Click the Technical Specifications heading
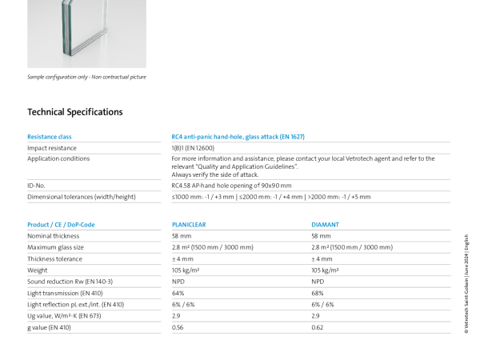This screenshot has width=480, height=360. click(75, 112)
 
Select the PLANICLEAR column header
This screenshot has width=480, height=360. click(189, 225)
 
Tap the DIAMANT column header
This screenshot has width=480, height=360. click(325, 225)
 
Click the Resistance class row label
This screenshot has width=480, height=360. click(50, 137)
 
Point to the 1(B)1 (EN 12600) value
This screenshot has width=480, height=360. click(193, 148)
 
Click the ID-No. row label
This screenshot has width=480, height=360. click(36, 186)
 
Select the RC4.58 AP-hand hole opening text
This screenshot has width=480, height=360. click(231, 186)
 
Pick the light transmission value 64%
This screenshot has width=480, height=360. click(178, 294)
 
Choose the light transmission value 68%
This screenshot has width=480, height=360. click(318, 294)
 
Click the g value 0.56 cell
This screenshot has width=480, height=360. click(178, 327)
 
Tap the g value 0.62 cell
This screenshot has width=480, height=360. click(318, 327)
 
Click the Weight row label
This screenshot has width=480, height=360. click(38, 270)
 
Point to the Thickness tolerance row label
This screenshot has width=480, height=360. click(54, 259)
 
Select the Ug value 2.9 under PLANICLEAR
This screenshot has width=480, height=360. click(176, 316)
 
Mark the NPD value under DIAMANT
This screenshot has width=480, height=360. click(318, 282)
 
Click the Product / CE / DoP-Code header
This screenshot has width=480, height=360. click(61, 225)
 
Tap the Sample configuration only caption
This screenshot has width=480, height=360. click(86, 77)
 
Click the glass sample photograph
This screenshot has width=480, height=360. click(86, 34)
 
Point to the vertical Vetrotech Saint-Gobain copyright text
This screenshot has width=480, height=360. click(466, 284)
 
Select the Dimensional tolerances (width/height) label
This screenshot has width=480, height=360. click(82, 197)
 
